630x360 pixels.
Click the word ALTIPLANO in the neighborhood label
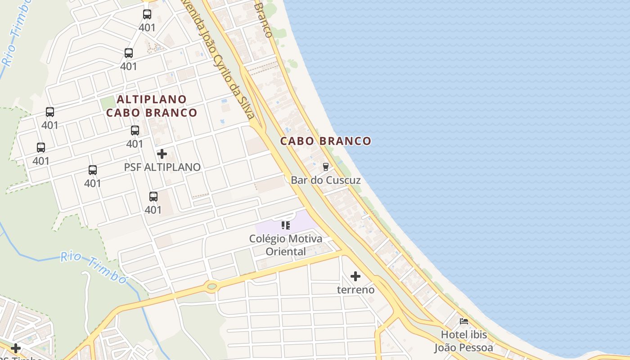(152, 99)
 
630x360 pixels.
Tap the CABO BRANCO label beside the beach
(326, 141)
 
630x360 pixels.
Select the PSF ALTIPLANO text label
(162, 167)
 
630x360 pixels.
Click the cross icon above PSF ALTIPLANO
(162, 154)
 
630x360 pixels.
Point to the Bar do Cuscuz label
(326, 180)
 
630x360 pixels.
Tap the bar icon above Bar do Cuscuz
(326, 166)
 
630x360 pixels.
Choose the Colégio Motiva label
(286, 238)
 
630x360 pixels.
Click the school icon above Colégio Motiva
(286, 225)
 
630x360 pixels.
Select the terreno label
(355, 289)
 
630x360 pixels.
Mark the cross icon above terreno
(355, 276)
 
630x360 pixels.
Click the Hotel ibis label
(464, 335)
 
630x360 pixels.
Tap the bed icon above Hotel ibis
(464, 321)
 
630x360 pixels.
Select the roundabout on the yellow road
(211, 285)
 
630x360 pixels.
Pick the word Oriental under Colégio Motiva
(286, 251)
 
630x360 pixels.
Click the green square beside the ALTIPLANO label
(108, 103)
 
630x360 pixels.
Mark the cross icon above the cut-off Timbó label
(16, 348)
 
